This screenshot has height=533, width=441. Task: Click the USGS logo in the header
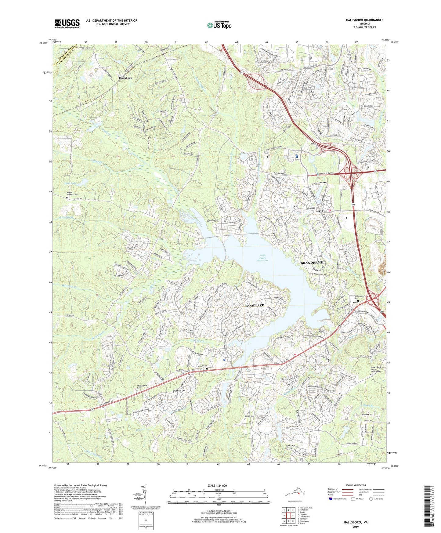pos(67,24)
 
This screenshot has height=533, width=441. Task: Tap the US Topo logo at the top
pos(219,25)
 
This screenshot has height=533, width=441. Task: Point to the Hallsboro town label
pos(125,78)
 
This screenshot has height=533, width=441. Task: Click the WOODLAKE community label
pos(254,306)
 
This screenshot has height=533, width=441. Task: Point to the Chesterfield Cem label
pos(141,387)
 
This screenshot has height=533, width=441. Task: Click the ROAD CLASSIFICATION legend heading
pos(355,485)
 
